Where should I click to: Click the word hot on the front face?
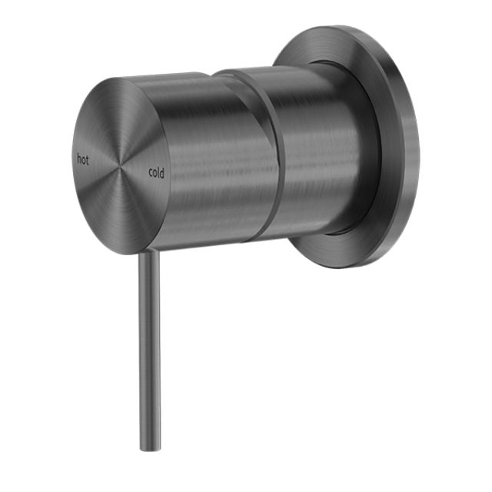[x=83, y=159]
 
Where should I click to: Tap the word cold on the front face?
[x=156, y=173]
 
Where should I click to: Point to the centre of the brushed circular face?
[x=118, y=165]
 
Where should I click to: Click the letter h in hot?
[x=78, y=159]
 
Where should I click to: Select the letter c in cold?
[x=150, y=173]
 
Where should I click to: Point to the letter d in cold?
[x=163, y=173]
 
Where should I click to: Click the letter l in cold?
[x=159, y=173]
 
